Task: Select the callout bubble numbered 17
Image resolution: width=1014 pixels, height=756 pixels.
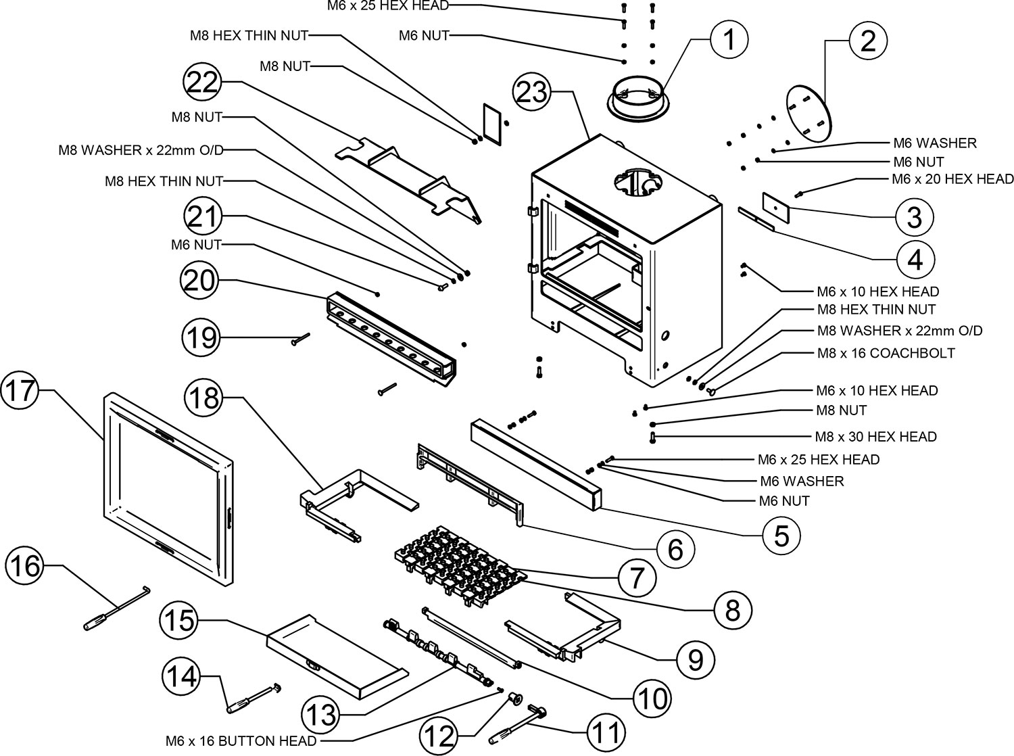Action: [20, 392]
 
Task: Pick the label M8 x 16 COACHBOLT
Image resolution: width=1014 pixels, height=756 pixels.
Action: [886, 354]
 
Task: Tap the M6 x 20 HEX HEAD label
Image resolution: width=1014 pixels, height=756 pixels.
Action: [952, 179]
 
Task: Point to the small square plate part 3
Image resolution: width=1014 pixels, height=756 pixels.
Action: [776, 205]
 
